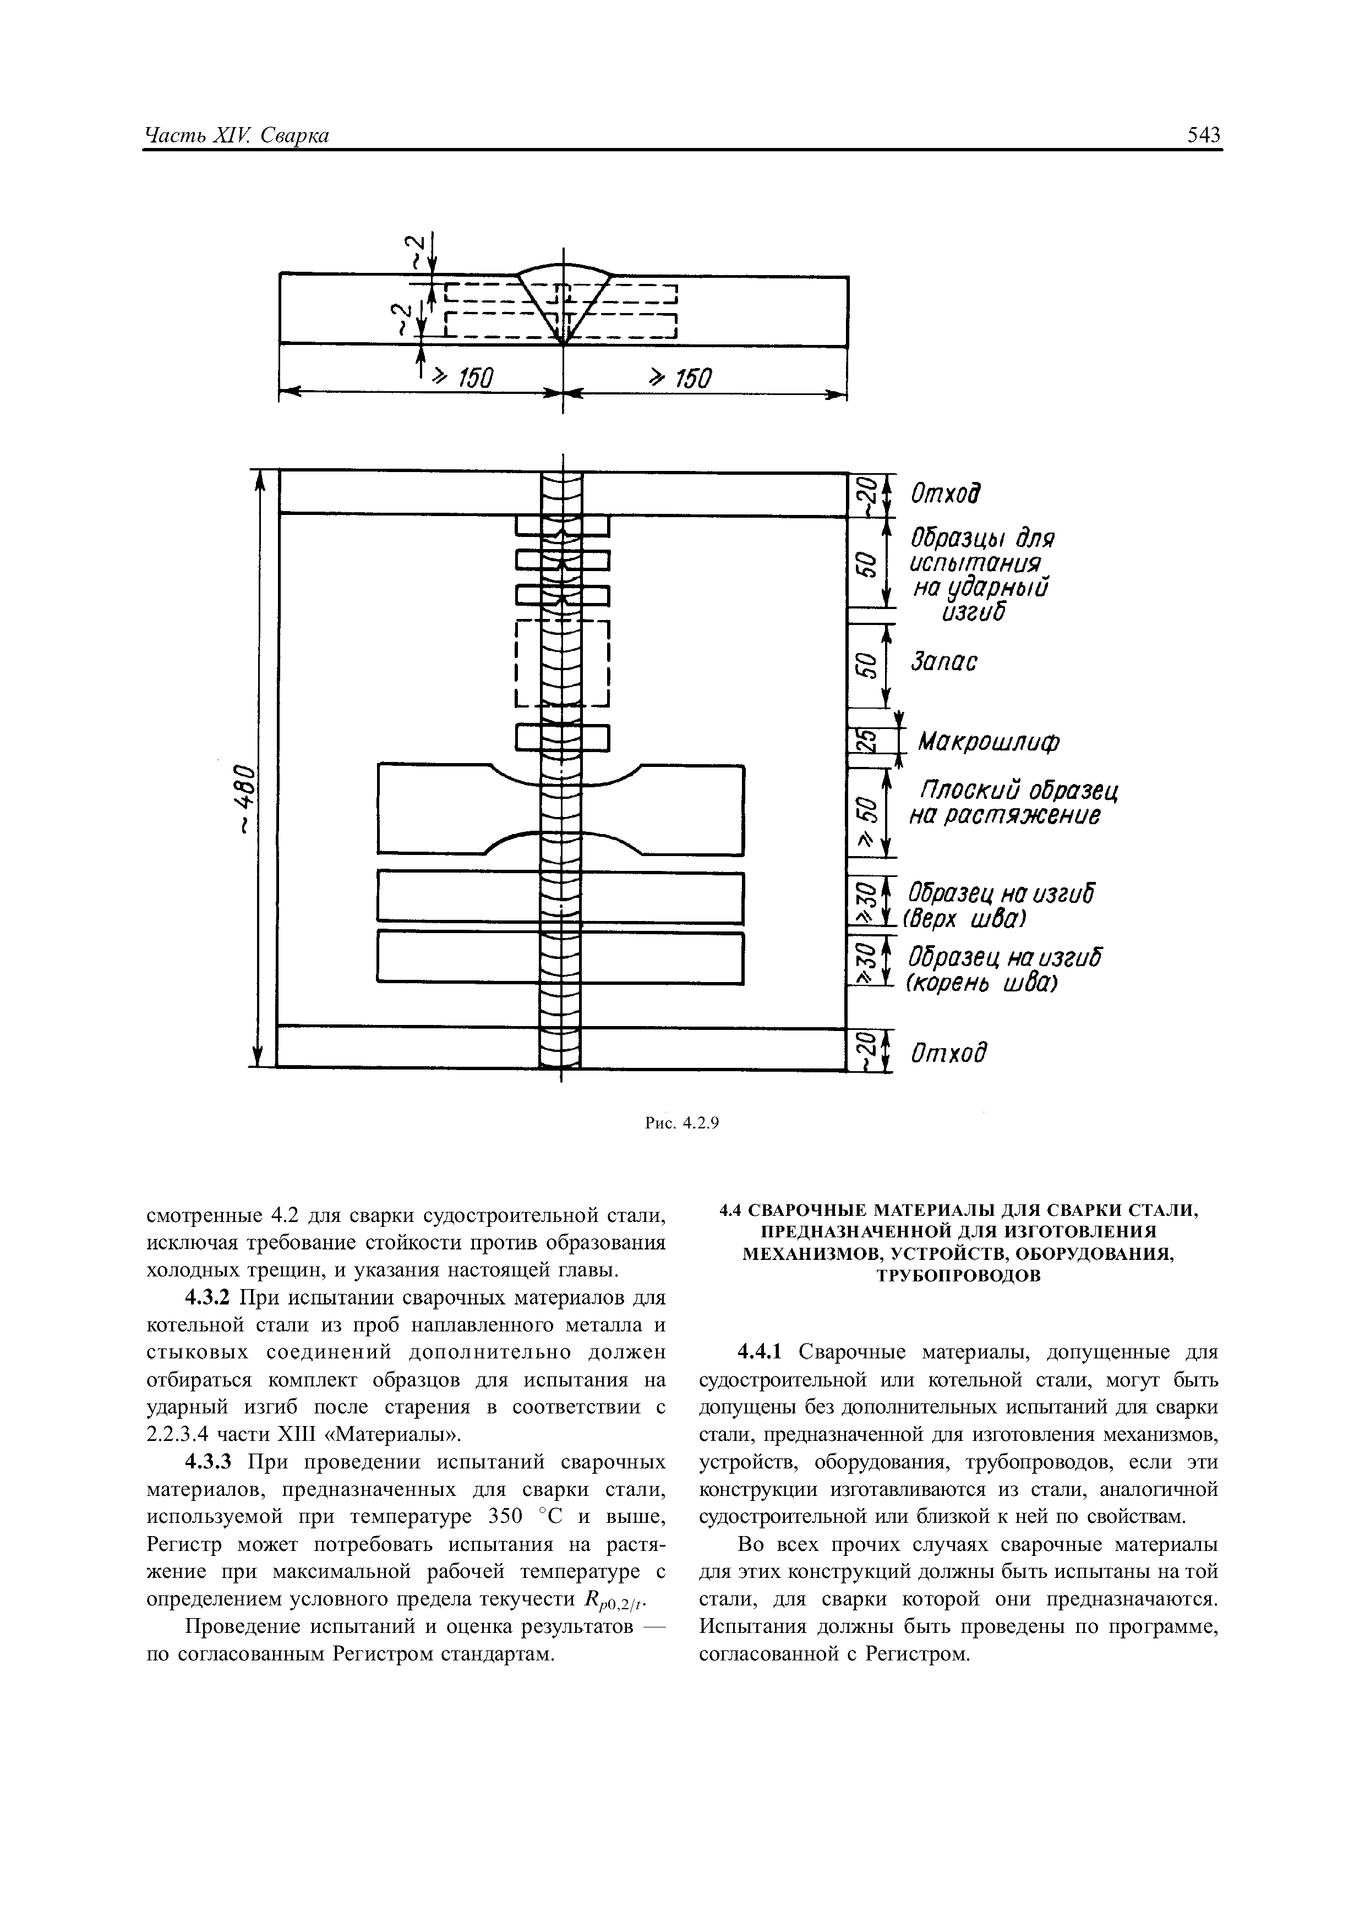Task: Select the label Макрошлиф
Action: [987, 742]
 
